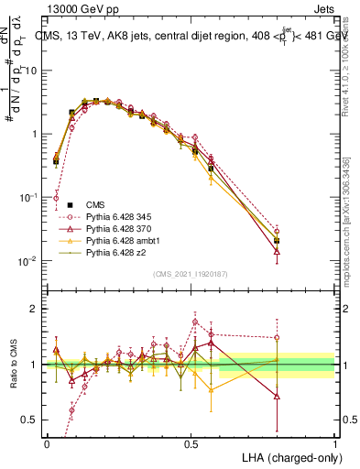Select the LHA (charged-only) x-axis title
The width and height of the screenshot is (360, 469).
285,455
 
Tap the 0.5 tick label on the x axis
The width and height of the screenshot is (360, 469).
191,442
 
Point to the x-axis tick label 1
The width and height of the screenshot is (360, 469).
334,442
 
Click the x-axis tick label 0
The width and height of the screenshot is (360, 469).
47,442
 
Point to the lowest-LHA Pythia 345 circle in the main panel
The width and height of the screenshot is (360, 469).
56,197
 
